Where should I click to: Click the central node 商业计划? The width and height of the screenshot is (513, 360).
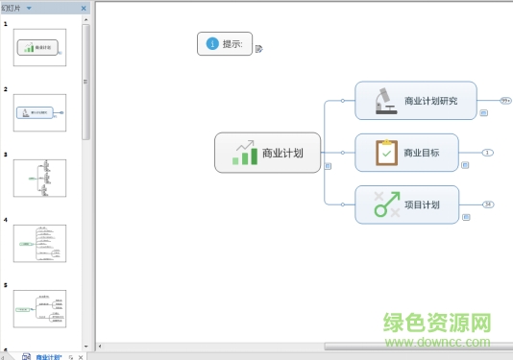(267, 153)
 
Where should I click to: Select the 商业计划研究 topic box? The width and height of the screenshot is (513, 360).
(416, 100)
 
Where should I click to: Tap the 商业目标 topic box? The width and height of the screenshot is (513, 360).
(406, 153)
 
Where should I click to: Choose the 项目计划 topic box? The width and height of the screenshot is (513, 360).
(406, 204)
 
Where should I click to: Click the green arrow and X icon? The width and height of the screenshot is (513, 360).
(386, 204)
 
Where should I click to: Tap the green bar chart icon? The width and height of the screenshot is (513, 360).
(245, 152)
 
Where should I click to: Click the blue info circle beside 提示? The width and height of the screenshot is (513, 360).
(211, 43)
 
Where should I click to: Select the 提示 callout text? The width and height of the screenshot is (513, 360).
(232, 44)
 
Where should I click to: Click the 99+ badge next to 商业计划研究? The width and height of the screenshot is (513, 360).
(505, 99)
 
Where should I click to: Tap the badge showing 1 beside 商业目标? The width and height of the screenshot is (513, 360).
(487, 153)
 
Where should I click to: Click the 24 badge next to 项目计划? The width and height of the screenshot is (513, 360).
(488, 204)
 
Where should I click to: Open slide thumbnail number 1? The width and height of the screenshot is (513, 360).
(39, 47)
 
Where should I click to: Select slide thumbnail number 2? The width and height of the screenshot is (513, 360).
(39, 112)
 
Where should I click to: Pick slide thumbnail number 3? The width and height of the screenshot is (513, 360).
(39, 178)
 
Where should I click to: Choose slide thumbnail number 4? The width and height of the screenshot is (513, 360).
(39, 243)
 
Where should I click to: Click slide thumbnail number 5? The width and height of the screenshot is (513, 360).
(39, 308)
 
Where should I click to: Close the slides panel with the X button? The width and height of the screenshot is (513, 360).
(84, 8)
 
